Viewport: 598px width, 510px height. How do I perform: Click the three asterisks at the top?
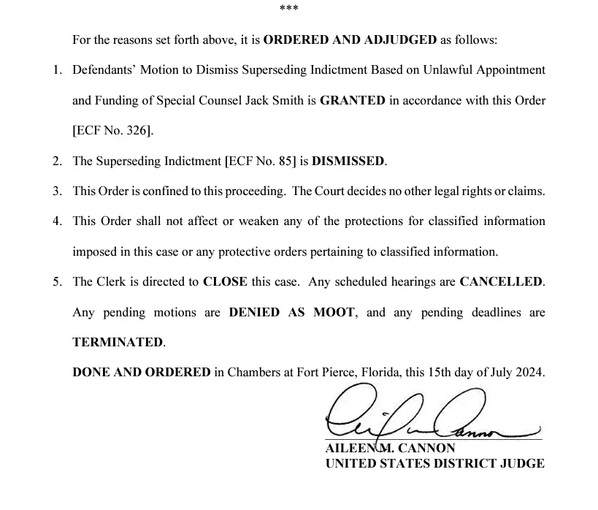[x=289, y=9]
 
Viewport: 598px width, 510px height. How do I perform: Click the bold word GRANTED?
[x=352, y=101]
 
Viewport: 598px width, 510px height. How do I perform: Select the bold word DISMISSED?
[x=348, y=161]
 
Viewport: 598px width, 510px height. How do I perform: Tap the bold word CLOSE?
[x=225, y=282]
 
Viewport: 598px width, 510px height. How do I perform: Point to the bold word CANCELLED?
[x=502, y=282]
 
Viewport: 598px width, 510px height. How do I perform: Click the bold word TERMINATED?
[x=118, y=342]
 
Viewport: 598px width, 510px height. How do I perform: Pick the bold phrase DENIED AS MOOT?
[x=292, y=312]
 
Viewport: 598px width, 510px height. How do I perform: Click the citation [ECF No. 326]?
[x=113, y=132]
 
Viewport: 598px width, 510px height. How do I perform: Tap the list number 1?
[x=57, y=71]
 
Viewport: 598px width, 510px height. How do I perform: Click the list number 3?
[x=57, y=191]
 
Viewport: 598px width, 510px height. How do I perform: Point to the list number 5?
[x=57, y=282]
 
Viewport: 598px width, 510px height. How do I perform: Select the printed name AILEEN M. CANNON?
[x=390, y=448]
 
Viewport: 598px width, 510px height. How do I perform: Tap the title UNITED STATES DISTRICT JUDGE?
[x=434, y=463]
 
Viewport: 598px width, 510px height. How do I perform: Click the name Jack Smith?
[x=285, y=101]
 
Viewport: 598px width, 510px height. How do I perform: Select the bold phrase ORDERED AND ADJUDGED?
[x=350, y=40]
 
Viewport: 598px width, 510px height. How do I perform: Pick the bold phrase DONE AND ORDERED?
[x=142, y=372]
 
